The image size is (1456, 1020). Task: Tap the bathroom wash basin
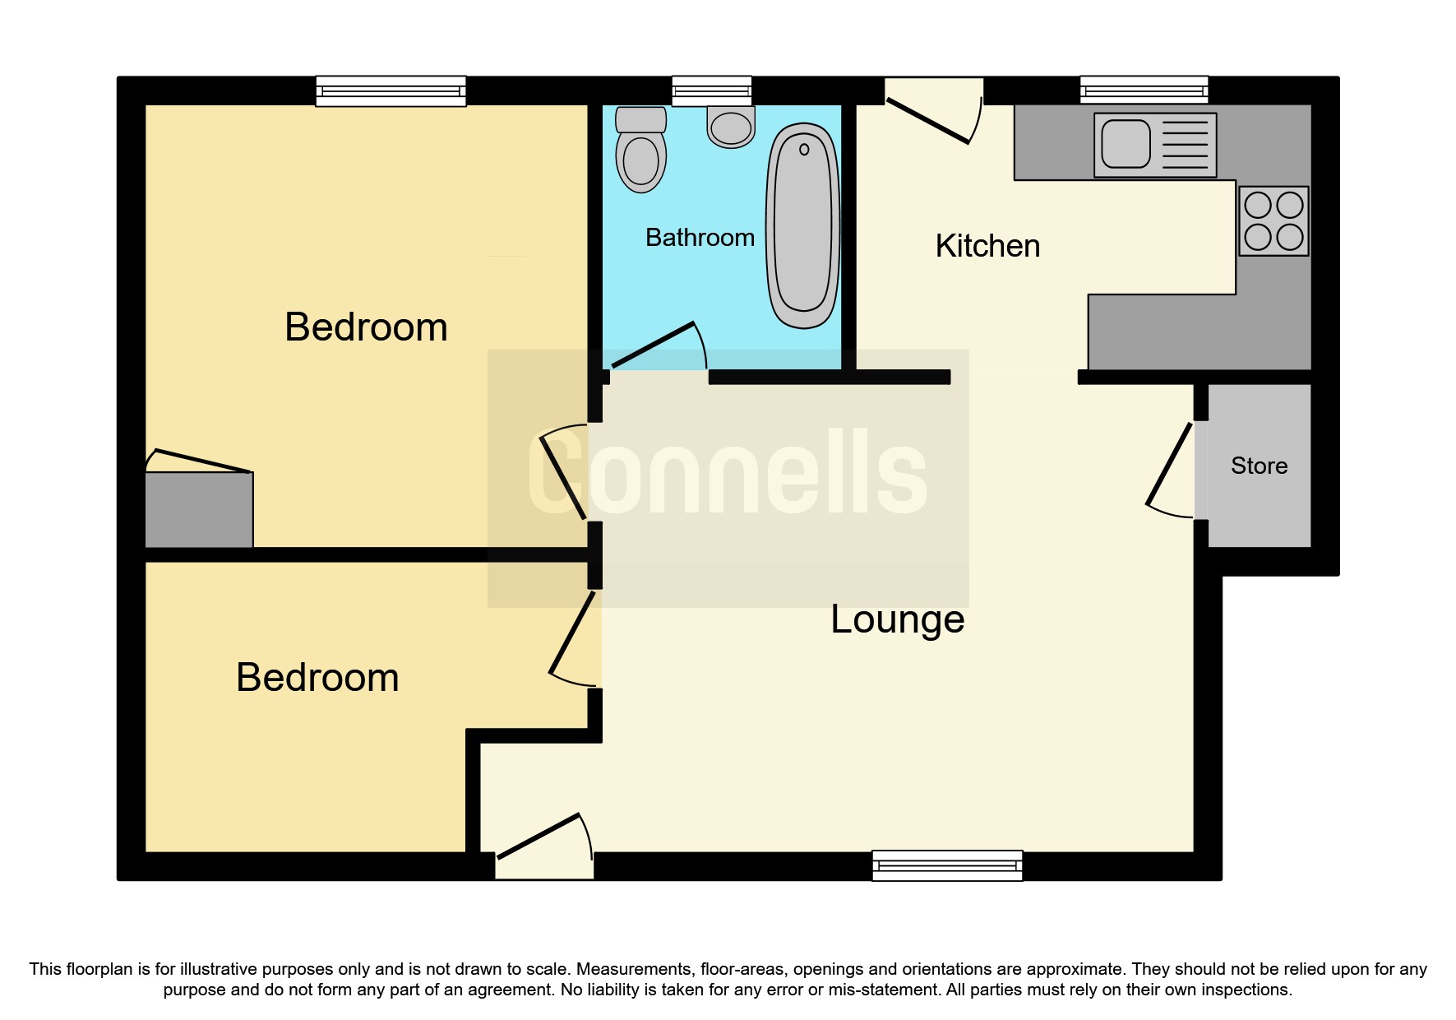click(731, 128)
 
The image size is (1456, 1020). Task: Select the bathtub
click(802, 225)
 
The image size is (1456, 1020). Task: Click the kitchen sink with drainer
click(1154, 145)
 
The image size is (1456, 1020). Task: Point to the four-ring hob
click(1273, 220)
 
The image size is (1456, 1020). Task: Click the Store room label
click(1259, 466)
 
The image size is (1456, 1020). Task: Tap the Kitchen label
click(987, 246)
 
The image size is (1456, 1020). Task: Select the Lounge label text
click(897, 619)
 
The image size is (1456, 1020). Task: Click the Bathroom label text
click(700, 238)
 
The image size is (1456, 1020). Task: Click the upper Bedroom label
click(366, 327)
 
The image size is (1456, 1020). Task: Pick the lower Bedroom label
click(317, 678)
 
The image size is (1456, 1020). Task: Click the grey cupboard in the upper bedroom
click(199, 509)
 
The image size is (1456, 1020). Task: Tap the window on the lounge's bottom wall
click(947, 865)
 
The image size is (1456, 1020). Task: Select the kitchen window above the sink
click(1144, 90)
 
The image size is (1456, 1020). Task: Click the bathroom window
click(711, 90)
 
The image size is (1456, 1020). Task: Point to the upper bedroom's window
click(391, 90)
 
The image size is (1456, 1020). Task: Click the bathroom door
click(654, 345)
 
